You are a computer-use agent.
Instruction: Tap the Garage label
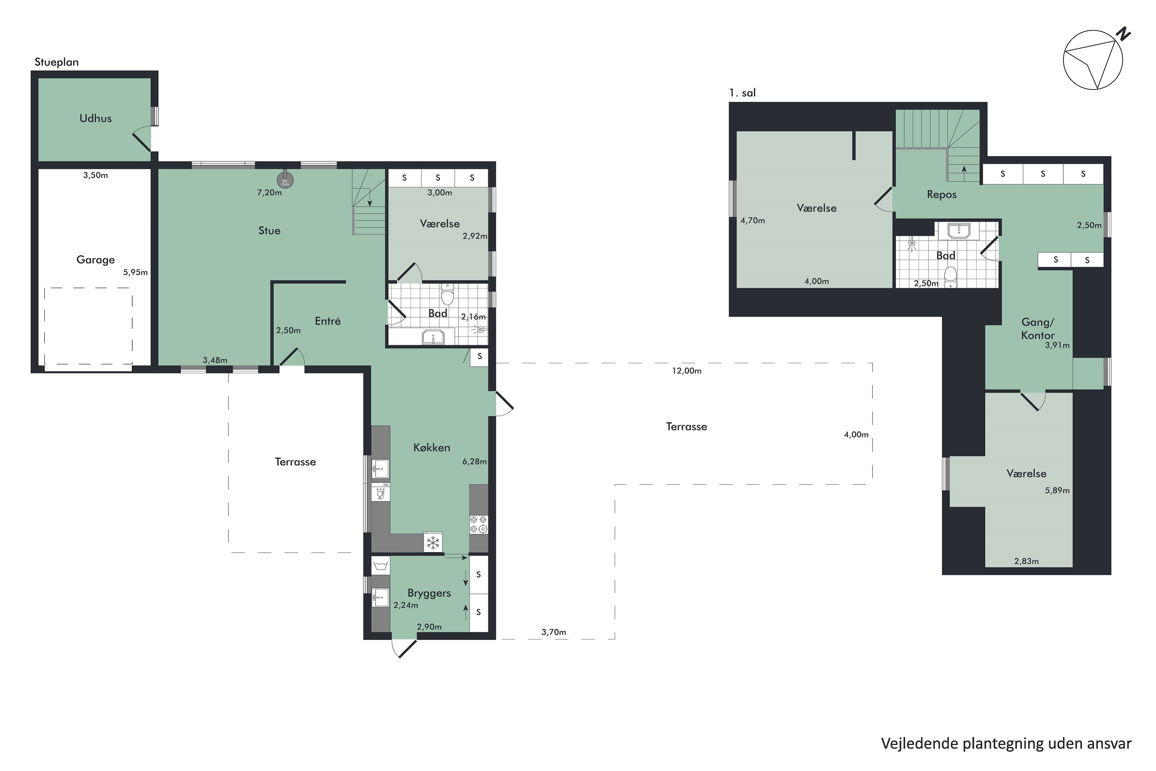pos(95,259)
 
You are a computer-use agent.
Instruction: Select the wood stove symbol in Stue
pos(285,180)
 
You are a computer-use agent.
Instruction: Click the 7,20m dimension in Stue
pos(269,193)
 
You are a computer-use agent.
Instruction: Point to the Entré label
pos(328,321)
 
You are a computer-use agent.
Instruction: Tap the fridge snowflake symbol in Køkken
pos(433,542)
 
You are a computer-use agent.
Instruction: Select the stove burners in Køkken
pos(479,524)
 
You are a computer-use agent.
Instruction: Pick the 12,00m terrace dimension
pos(687,371)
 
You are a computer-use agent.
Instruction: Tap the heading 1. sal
pos(742,93)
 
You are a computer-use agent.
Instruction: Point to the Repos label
pos(942,195)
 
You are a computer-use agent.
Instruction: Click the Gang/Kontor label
pos(1038,328)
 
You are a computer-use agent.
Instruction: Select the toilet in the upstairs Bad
pos(951,277)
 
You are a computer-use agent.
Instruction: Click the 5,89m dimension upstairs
pos(1057,490)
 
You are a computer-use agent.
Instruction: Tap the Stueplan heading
pos(57,62)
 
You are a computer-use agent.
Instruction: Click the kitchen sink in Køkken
pos(380,469)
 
